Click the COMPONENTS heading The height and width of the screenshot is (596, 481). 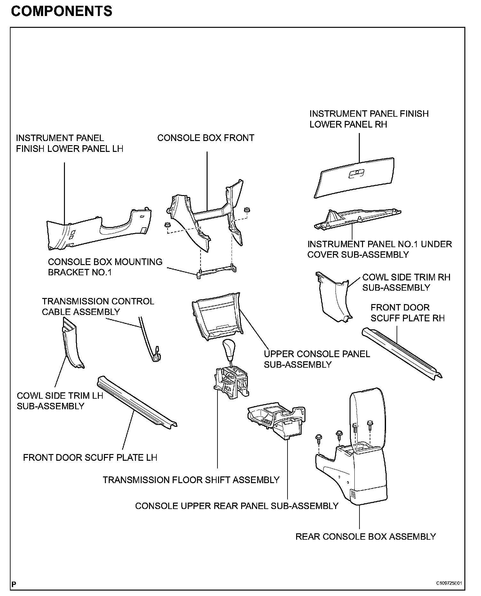tap(62, 12)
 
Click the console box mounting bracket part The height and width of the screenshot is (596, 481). tap(217, 271)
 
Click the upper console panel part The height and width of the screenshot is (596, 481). tap(217, 315)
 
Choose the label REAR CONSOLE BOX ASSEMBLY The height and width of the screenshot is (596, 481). tap(366, 536)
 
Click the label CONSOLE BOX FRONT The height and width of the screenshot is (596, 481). tap(206, 138)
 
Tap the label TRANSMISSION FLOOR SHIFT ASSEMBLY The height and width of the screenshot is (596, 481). tap(191, 480)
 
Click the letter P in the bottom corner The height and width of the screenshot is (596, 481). tap(14, 584)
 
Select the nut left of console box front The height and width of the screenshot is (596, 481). tap(167, 225)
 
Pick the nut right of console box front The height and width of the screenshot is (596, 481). tap(247, 210)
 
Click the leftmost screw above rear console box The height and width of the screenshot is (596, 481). tap(319, 438)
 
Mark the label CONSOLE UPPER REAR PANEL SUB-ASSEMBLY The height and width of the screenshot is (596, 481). tap(237, 506)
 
